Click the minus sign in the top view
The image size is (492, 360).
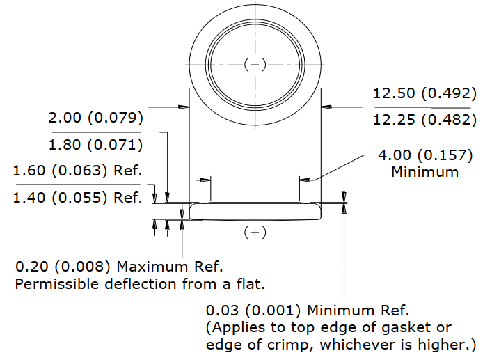tap(255, 65)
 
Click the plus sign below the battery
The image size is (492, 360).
tap(255, 233)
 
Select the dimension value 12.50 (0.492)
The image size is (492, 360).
tap(425, 93)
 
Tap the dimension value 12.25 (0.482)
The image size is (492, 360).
tap(425, 120)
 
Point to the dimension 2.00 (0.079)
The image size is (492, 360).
tap(96, 118)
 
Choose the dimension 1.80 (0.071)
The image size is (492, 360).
tap(96, 145)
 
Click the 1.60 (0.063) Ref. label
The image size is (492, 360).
tap(77, 171)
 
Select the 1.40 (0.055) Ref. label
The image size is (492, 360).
tap(77, 198)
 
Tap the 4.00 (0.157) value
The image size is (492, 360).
tap(425, 155)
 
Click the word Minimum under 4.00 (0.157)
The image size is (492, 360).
tap(425, 172)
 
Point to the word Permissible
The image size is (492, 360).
tap(58, 284)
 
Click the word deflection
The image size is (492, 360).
tap(141, 284)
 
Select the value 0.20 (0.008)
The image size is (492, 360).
tap(63, 267)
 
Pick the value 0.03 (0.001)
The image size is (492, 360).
tap(253, 311)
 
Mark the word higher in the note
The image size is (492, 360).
tap(438, 345)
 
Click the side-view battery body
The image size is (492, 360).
tap(255, 212)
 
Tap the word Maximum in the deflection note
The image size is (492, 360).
tap(152, 267)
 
